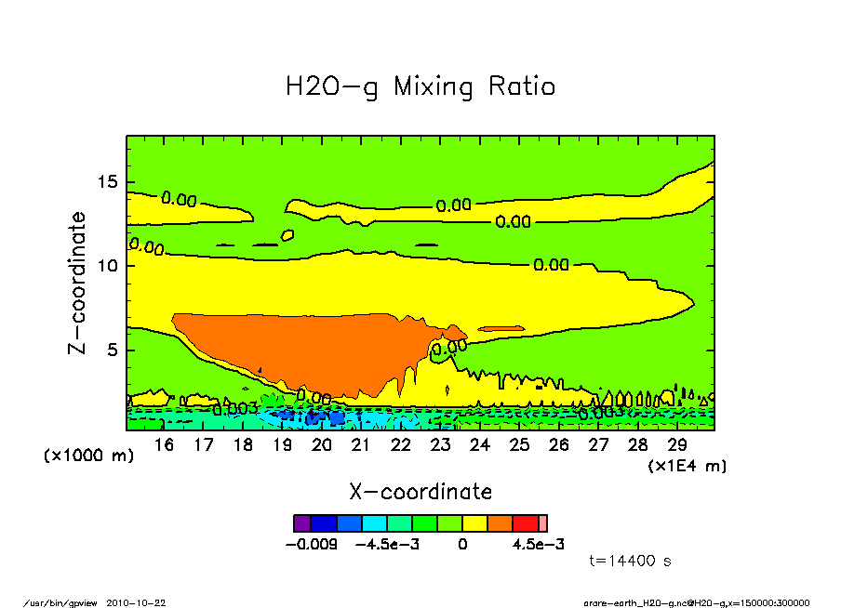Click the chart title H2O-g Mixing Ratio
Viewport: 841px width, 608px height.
pos(420,87)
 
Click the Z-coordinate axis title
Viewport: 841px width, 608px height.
pos(78,283)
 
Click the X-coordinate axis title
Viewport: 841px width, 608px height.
pos(420,492)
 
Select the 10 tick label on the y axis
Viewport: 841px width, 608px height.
pos(110,266)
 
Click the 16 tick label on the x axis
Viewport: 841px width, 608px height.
pos(164,445)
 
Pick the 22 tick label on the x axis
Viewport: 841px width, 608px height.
pos(401,445)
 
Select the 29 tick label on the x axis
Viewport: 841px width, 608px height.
pos(677,445)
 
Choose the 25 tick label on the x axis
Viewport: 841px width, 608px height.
pos(519,445)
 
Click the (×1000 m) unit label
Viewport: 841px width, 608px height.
pos(88,456)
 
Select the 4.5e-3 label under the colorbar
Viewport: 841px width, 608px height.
pos(540,544)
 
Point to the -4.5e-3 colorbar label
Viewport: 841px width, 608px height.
pos(388,544)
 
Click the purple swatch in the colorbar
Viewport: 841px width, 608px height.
pos(302,523)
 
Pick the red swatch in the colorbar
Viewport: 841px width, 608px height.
pos(525,523)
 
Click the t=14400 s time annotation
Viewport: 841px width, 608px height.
pos(630,561)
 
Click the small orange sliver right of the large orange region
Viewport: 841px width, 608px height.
pos(501,328)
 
